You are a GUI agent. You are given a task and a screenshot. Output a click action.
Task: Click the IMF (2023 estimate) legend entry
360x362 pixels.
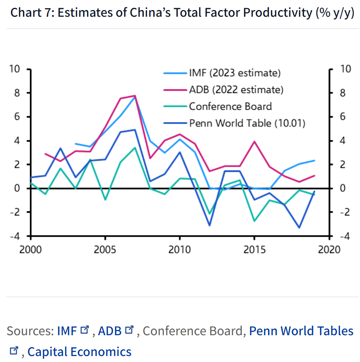tap(235, 73)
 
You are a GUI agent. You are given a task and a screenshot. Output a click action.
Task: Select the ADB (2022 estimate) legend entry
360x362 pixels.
tap(236, 90)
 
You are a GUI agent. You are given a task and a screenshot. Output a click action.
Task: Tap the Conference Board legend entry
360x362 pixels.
tap(230, 106)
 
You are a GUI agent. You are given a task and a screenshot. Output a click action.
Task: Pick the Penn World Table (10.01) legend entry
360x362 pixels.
tap(247, 123)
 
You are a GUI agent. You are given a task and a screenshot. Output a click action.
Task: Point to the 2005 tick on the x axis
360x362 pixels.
tap(105, 249)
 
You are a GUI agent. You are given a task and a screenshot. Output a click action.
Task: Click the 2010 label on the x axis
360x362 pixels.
tap(180, 249)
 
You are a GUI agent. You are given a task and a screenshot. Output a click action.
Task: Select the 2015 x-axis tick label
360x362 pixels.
tap(254, 249)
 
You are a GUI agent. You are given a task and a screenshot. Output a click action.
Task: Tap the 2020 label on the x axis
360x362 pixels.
tap(329, 249)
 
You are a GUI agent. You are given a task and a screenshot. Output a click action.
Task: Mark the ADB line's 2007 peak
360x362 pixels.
tap(135, 96)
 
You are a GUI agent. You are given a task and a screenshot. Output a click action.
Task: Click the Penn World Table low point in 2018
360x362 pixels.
tap(299, 228)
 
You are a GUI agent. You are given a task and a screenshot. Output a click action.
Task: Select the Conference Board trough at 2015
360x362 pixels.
tap(254, 221)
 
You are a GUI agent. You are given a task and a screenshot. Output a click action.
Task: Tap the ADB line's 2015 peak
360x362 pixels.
tap(254, 141)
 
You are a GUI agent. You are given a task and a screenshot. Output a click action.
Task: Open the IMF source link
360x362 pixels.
tap(67, 331)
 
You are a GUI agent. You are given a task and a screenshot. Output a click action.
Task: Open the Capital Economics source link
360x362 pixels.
tap(79, 352)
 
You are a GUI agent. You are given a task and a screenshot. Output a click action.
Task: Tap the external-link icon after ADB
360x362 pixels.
tap(129, 330)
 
